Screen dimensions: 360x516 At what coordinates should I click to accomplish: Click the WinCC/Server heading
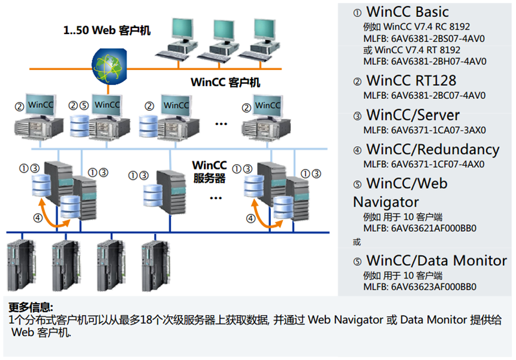(x=413, y=115)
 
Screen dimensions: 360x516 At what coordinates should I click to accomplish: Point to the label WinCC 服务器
(x=209, y=171)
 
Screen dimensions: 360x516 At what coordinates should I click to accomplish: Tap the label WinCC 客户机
(x=225, y=82)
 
